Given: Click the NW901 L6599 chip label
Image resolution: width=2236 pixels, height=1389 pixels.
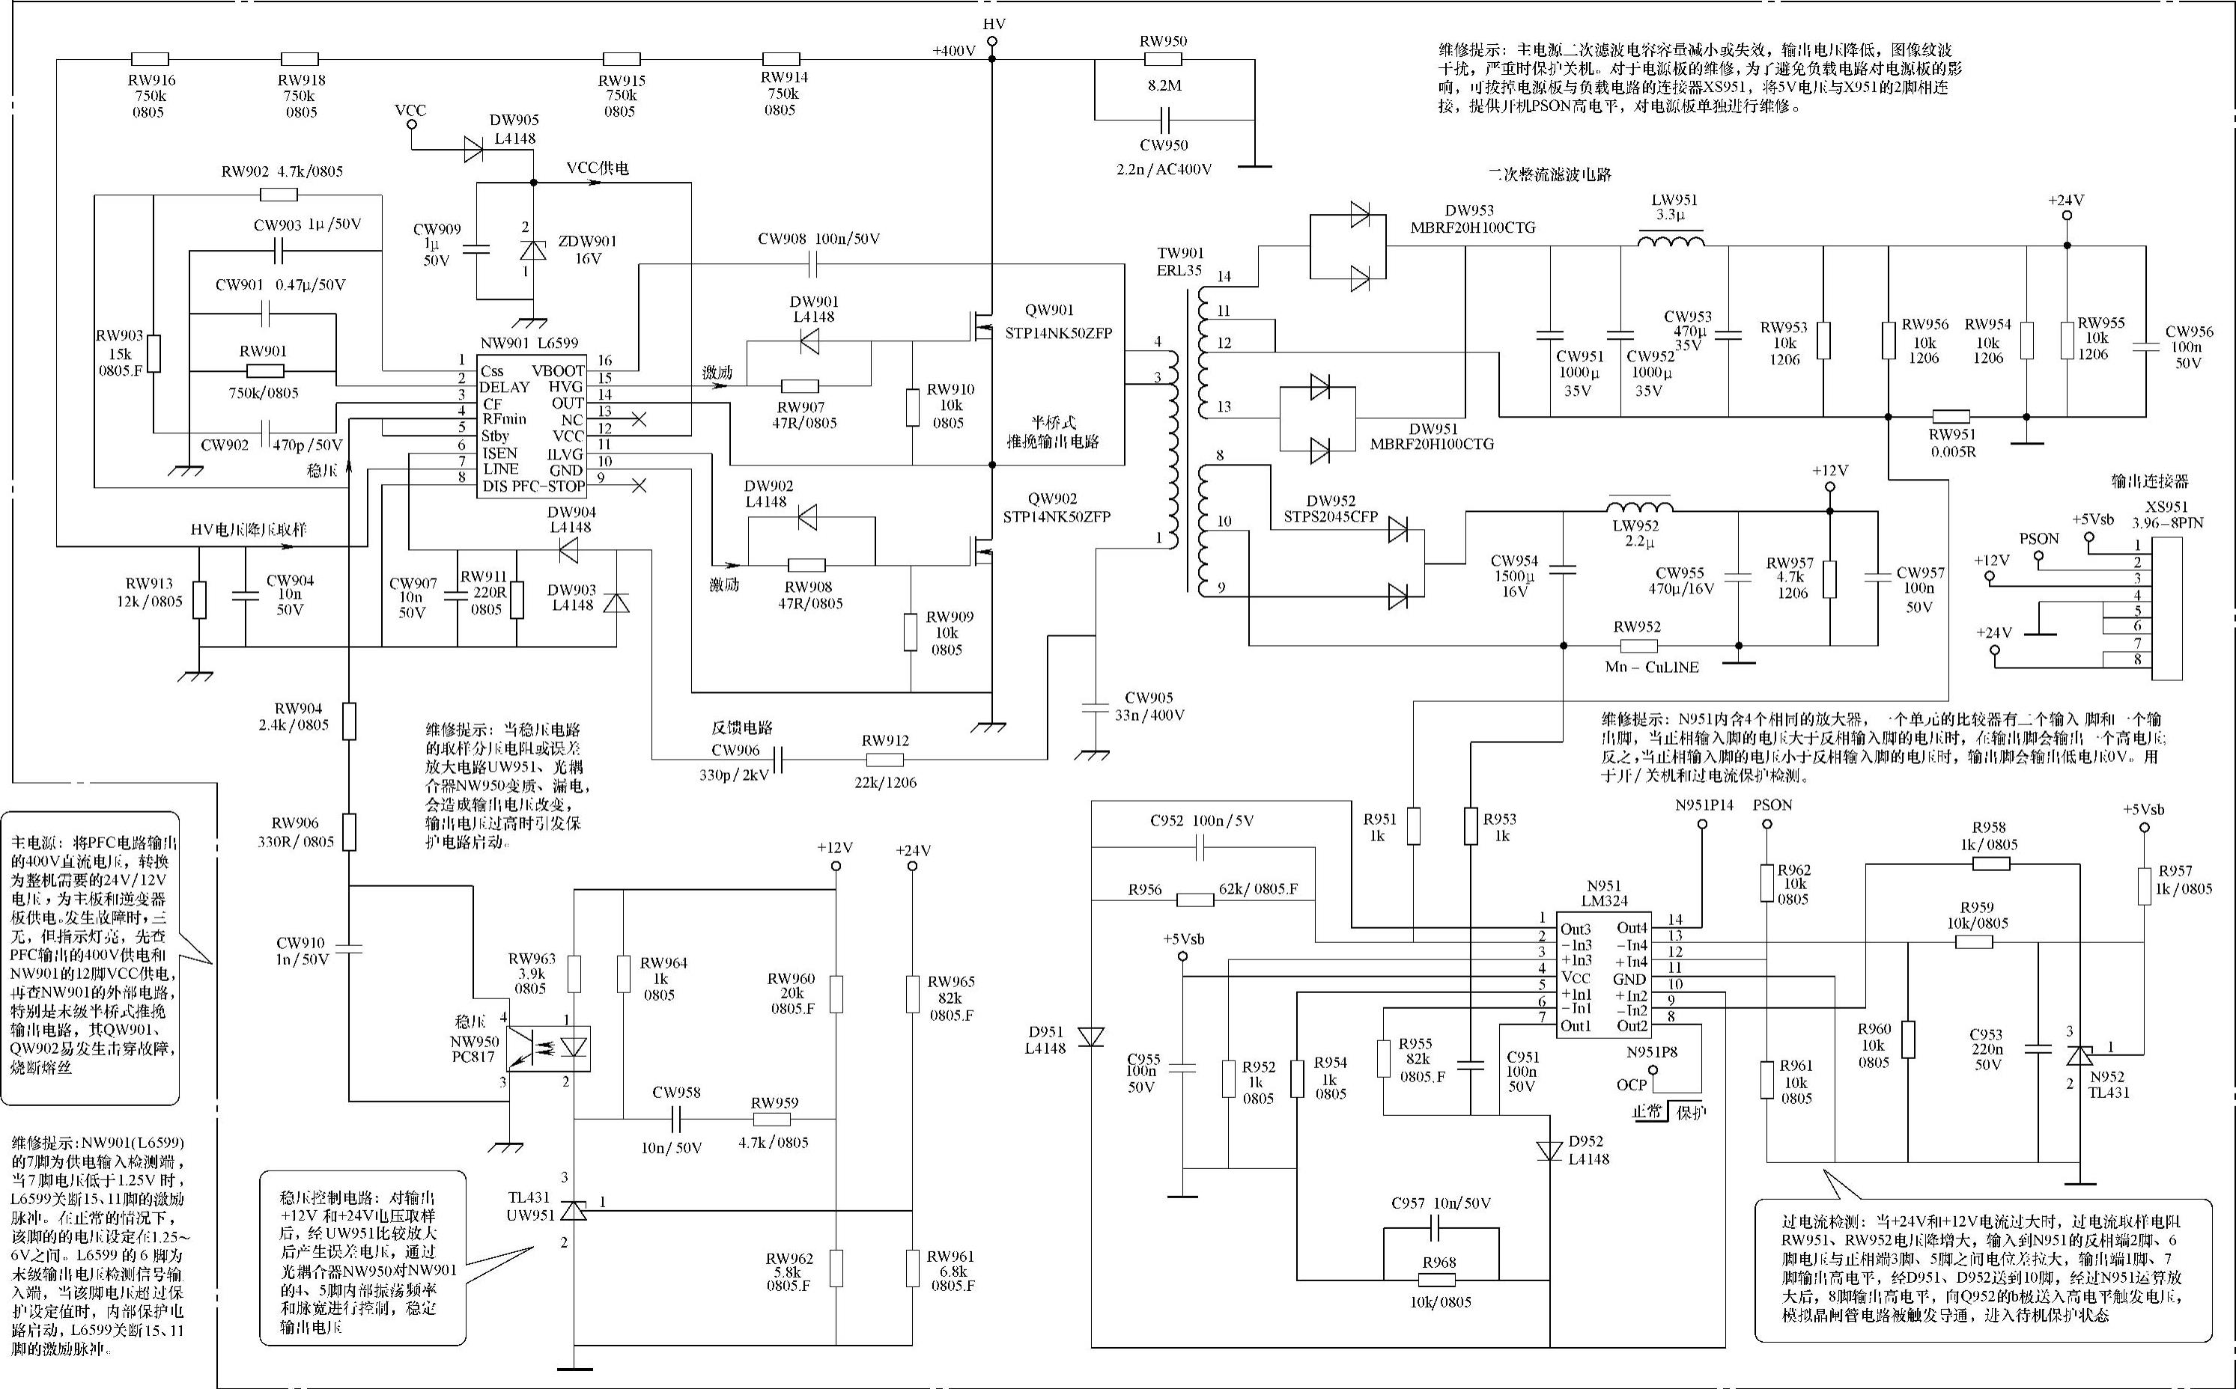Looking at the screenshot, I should tap(529, 344).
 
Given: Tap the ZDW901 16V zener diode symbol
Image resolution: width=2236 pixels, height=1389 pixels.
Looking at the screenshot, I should tap(533, 249).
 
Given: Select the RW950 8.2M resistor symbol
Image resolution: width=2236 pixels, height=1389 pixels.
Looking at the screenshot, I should tap(1163, 60).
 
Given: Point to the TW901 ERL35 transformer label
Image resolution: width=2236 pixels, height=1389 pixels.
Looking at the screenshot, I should tap(1180, 262).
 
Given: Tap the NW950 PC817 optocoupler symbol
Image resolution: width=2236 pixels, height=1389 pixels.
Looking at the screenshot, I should tap(550, 1048).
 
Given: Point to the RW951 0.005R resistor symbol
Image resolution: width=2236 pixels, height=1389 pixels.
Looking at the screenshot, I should tap(1951, 416).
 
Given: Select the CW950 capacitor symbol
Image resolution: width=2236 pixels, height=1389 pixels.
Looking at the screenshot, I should tap(1165, 120).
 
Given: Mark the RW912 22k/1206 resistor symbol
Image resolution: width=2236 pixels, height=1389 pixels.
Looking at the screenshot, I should tap(884, 760).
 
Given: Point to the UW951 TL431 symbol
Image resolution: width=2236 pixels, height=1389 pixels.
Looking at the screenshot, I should tap(574, 1210).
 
